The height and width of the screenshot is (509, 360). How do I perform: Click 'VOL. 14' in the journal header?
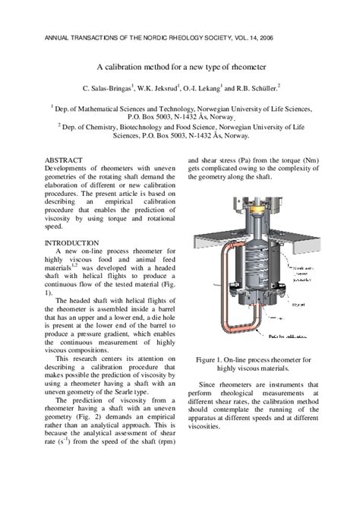coord(279,35)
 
